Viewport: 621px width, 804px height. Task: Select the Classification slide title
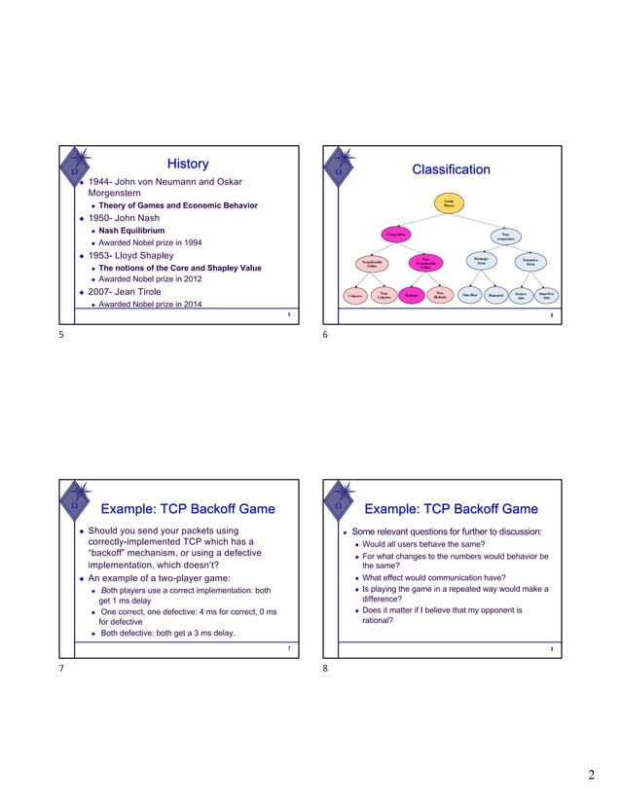pos(451,170)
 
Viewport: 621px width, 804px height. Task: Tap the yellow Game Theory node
pos(449,203)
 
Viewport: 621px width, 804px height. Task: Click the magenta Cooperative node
pos(395,235)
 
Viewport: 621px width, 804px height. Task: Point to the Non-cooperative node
pos(505,236)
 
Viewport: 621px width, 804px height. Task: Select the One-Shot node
pos(469,295)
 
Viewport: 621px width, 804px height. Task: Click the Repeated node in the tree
pos(495,295)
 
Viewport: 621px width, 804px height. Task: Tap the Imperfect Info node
pos(546,294)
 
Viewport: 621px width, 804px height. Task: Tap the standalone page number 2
pos(590,775)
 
